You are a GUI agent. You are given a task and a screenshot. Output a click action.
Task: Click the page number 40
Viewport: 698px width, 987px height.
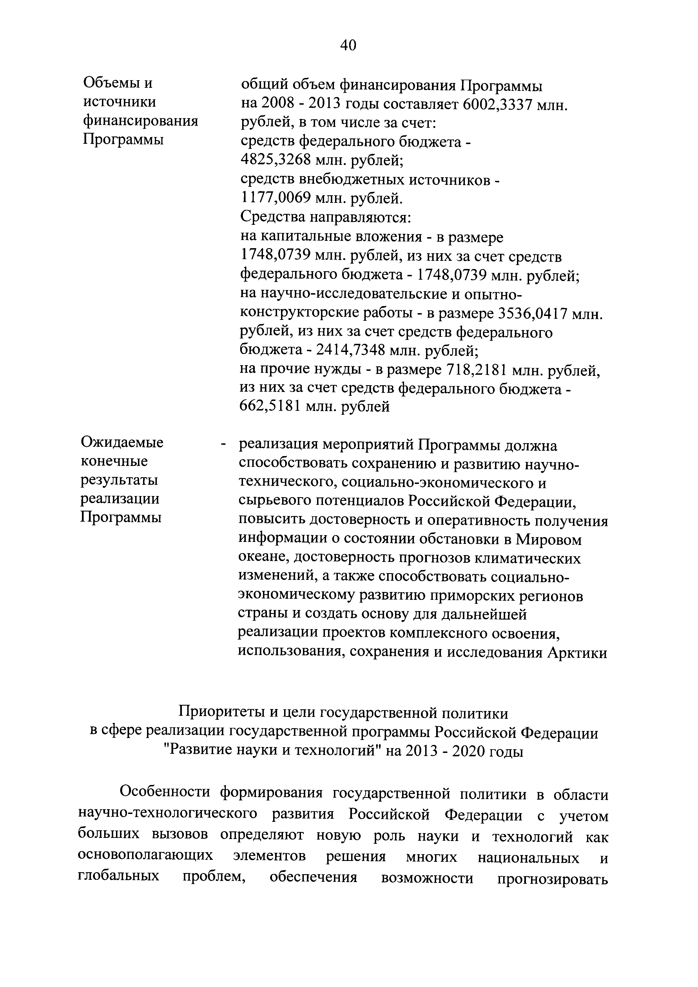tap(348, 45)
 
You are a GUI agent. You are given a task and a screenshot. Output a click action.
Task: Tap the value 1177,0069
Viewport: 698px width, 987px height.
tap(275, 198)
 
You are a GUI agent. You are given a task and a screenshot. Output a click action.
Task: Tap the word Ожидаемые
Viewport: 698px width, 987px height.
tap(122, 442)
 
